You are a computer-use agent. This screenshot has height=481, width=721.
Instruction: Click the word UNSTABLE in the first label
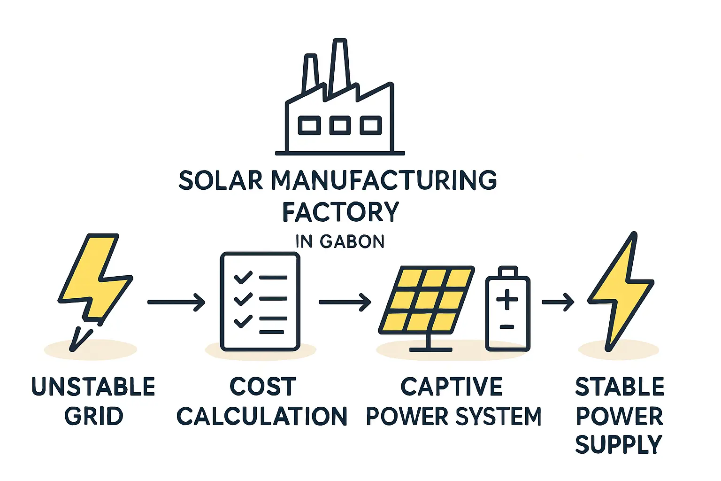tap(93, 387)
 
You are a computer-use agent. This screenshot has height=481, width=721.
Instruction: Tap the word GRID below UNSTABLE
tap(93, 416)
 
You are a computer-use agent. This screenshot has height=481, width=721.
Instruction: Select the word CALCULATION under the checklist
tap(261, 416)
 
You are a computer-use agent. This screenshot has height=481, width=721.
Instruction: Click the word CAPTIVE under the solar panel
tap(451, 387)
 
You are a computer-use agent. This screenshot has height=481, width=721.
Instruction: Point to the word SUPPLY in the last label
tap(618, 444)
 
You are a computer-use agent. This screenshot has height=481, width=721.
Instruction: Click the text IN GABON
tap(340, 241)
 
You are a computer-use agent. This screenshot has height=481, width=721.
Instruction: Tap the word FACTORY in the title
tap(340, 212)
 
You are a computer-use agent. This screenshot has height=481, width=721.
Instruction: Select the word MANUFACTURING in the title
tap(384, 180)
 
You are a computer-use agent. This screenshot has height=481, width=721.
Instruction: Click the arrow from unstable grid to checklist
tap(176, 302)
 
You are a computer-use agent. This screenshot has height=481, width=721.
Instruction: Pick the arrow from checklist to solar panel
tap(345, 302)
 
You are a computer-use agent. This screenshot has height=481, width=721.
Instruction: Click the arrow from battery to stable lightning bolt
tap(558, 302)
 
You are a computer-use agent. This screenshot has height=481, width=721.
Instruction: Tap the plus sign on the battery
tap(507, 300)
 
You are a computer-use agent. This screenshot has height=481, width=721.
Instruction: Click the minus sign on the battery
tap(507, 326)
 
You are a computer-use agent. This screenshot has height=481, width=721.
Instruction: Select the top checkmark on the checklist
tap(243, 278)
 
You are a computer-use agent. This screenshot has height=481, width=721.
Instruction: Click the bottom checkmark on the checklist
tap(243, 322)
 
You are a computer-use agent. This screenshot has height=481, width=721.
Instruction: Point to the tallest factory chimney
tap(339, 66)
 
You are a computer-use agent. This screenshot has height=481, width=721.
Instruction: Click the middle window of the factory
tap(340, 125)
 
